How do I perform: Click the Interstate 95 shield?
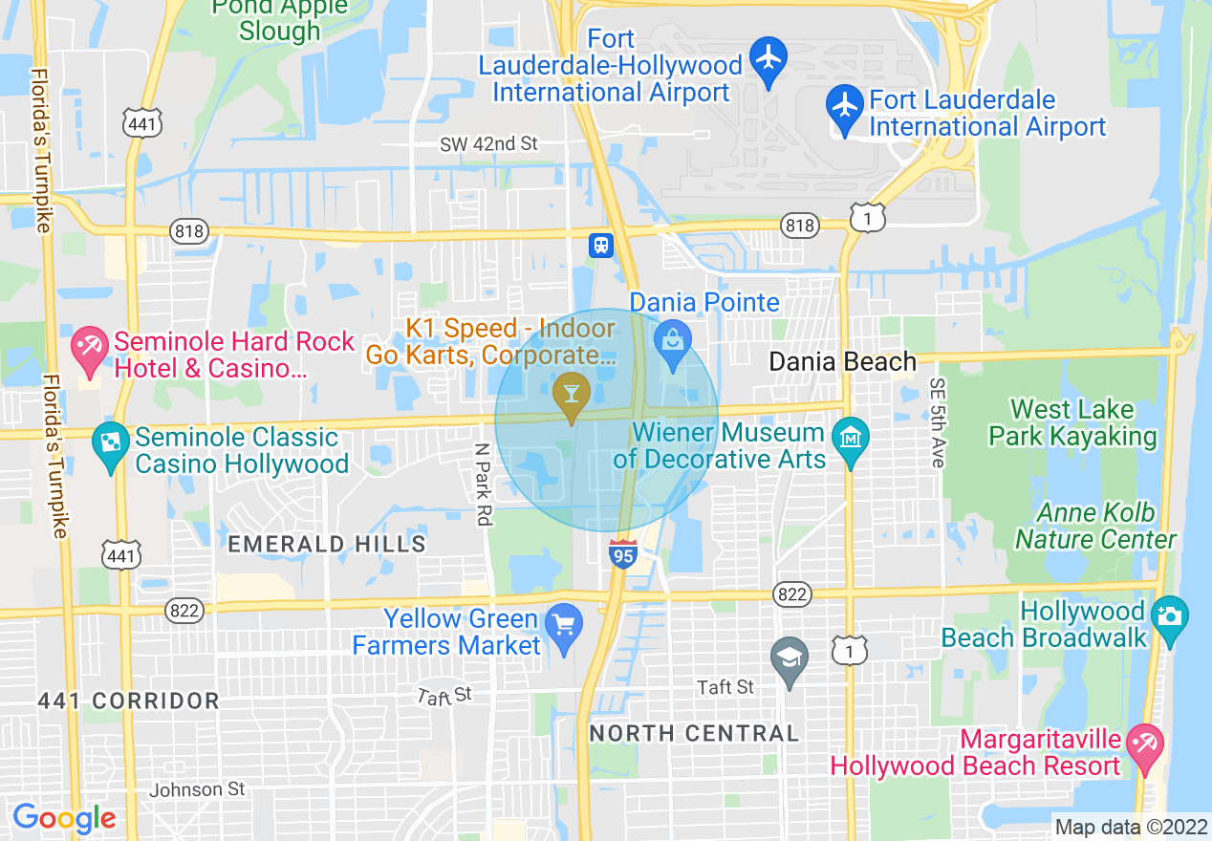(x=622, y=553)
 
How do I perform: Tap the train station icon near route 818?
(x=601, y=244)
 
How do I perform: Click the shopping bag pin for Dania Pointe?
(x=673, y=342)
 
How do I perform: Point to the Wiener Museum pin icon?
(x=850, y=440)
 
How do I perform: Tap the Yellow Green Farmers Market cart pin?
(x=564, y=626)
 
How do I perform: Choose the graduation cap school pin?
(x=790, y=659)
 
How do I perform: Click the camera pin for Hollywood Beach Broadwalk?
(x=1169, y=615)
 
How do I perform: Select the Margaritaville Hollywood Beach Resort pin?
(x=1144, y=745)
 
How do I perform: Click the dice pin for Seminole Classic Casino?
(x=111, y=444)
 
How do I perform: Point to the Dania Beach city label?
(x=842, y=362)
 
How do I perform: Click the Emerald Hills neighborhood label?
(x=327, y=545)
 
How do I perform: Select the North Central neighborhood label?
(x=694, y=734)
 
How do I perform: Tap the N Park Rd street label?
(x=484, y=484)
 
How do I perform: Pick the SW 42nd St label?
(x=488, y=144)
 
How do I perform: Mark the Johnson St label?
(x=197, y=789)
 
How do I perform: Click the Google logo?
(x=64, y=819)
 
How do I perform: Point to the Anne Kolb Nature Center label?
(x=1095, y=527)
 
